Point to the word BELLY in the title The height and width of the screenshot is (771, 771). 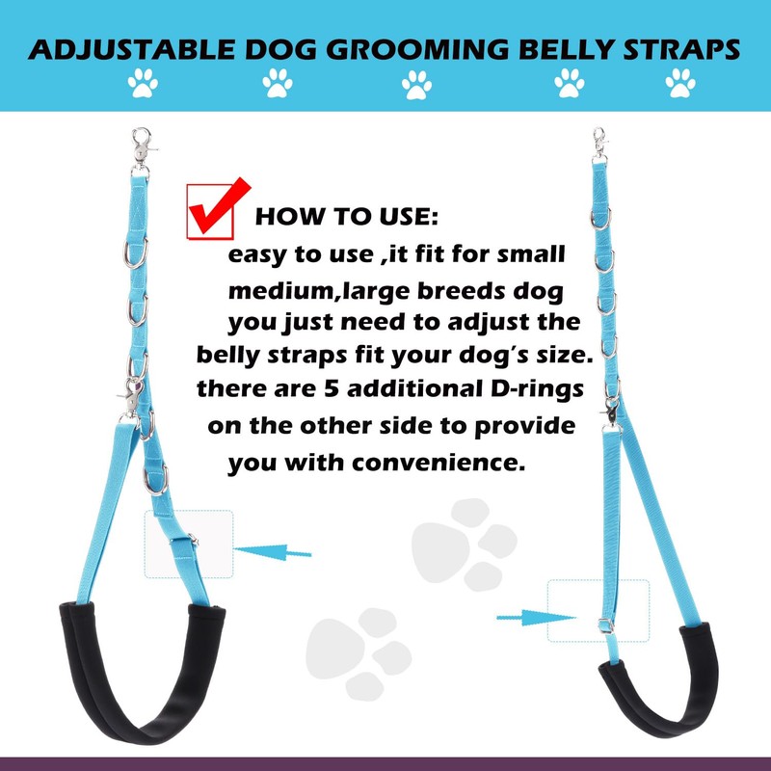tap(552, 50)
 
